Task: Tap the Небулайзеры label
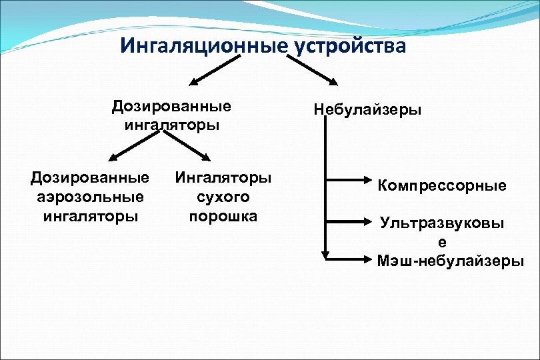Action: tap(367, 110)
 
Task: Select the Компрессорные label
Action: tap(442, 185)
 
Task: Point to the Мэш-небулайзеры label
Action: tap(450, 261)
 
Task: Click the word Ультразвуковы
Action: tap(442, 223)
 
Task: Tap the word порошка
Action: tap(223, 216)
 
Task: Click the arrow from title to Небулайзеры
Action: tap(313, 71)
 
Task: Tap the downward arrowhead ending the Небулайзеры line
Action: tap(325, 255)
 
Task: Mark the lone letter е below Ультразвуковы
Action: tap(442, 241)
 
